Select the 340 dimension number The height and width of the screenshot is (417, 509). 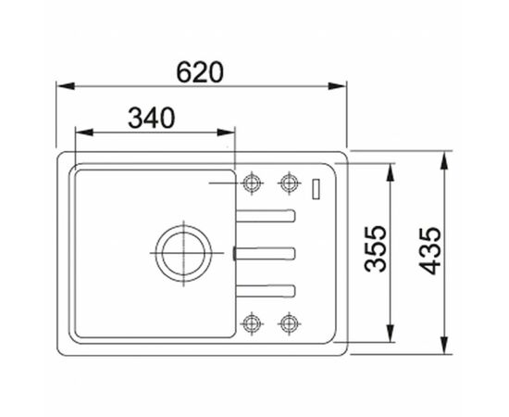pyautogui.click(x=151, y=118)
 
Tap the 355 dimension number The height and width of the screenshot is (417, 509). pyautogui.click(x=374, y=250)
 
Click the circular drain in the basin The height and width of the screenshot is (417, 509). pyautogui.click(x=181, y=251)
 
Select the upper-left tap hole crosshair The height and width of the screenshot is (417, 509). pyautogui.click(x=250, y=182)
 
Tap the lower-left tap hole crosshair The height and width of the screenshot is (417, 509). pyautogui.click(x=250, y=322)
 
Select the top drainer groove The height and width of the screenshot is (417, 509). pyautogui.click(x=266, y=216)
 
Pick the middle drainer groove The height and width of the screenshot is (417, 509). pyautogui.click(x=266, y=251)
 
